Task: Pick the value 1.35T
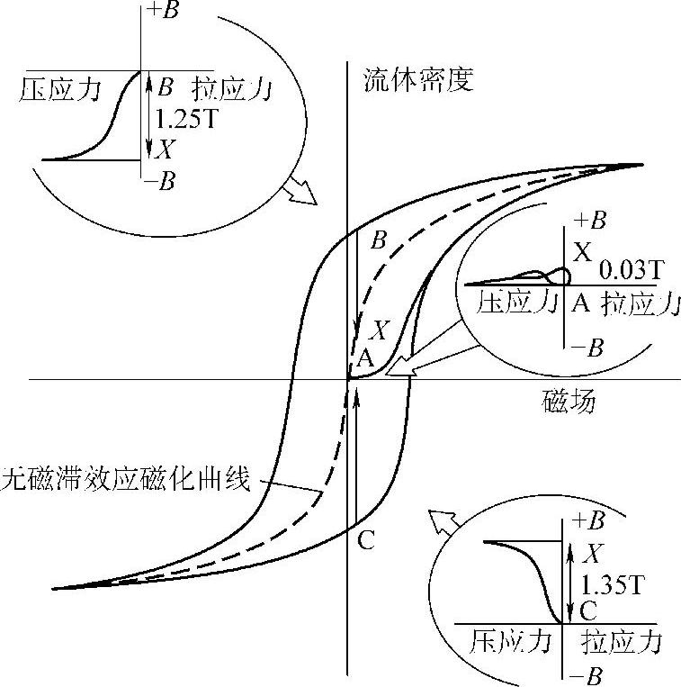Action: point(613,584)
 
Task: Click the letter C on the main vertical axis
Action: point(365,540)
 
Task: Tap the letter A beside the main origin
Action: point(365,357)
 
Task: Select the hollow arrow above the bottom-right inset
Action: point(442,523)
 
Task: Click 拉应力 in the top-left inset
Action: point(232,90)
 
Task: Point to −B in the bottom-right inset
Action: point(591,674)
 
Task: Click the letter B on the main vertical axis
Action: point(379,240)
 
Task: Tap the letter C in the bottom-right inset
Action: point(589,612)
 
